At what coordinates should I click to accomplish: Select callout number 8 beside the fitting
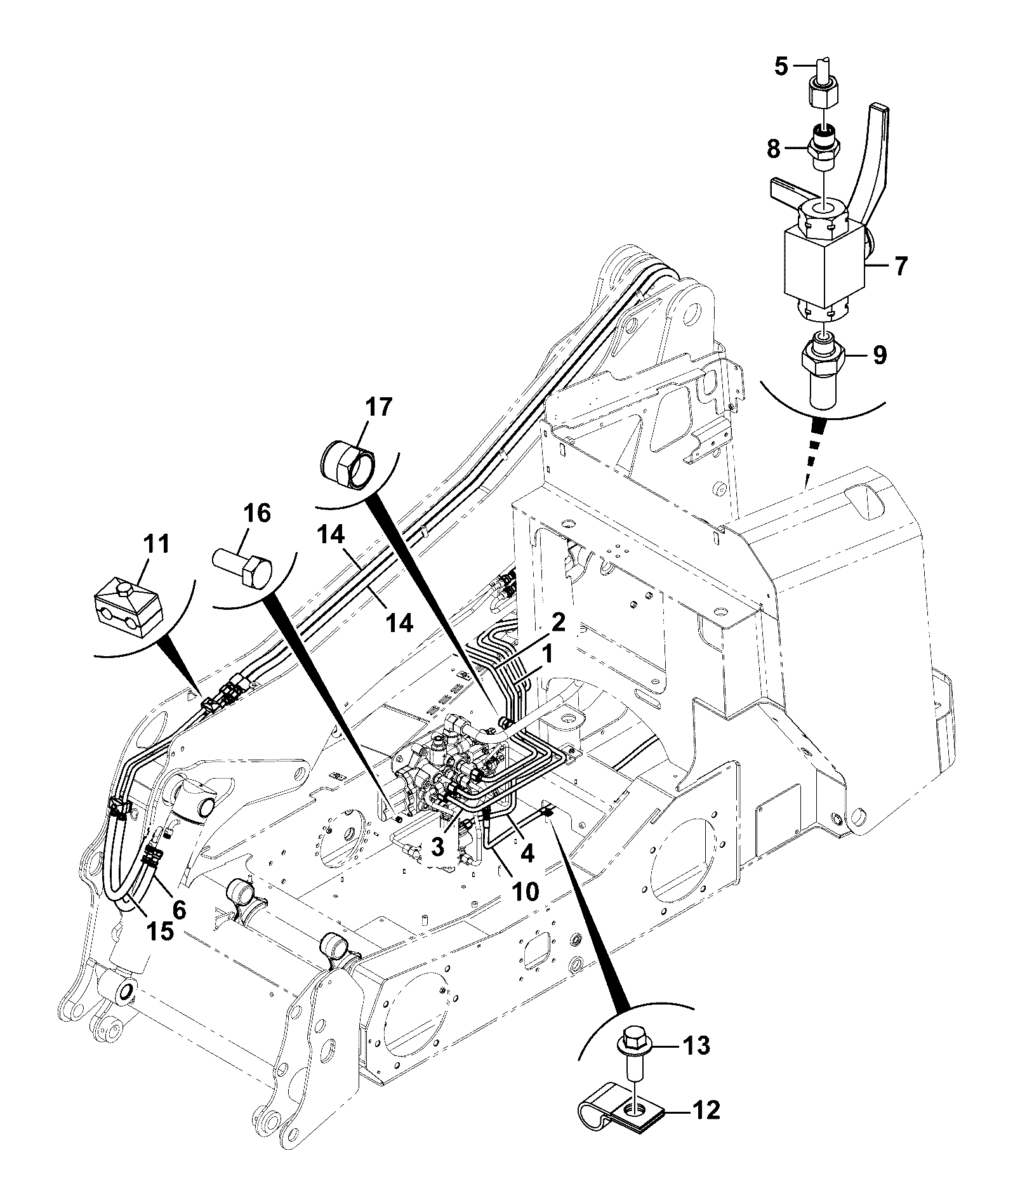773,149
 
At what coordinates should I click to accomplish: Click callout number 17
378,407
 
